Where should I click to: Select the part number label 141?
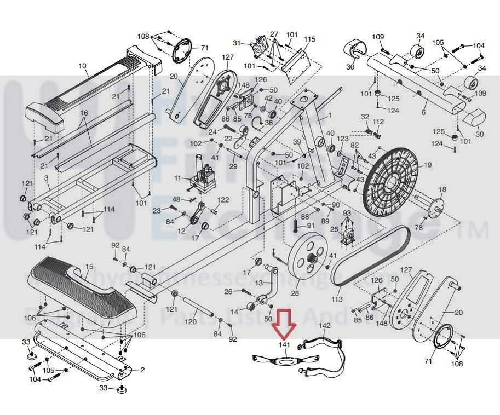(x=284, y=345)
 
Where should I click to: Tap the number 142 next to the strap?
(x=324, y=326)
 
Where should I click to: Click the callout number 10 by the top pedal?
(x=82, y=66)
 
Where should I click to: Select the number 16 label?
(x=84, y=113)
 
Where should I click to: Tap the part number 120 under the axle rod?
(x=191, y=321)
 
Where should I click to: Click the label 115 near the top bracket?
(x=310, y=39)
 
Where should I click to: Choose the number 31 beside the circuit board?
(x=236, y=43)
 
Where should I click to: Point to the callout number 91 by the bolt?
(x=310, y=225)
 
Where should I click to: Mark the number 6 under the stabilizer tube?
(x=423, y=112)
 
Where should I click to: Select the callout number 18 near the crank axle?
(x=442, y=189)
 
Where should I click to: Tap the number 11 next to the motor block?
(x=177, y=178)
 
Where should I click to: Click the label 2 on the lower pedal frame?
(x=142, y=370)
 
